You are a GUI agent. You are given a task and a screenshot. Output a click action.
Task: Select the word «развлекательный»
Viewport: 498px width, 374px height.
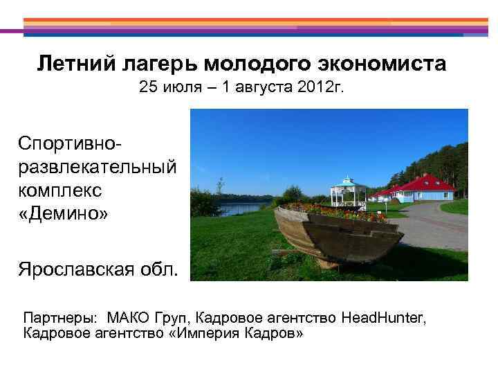[97, 168]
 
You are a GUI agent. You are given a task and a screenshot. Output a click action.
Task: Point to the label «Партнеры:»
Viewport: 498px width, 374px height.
[59, 318]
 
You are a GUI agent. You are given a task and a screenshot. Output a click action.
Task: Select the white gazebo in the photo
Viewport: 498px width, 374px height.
[348, 191]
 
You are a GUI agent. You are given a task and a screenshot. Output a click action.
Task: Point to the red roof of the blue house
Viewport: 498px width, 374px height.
[429, 183]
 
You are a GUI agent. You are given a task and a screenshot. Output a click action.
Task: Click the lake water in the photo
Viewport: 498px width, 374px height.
[239, 207]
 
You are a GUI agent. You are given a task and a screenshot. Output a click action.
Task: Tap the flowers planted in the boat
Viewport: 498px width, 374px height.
[332, 210]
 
